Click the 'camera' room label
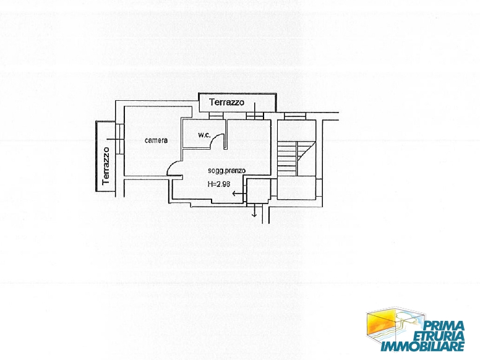pyautogui.click(x=156, y=140)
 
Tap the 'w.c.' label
pyautogui.click(x=204, y=135)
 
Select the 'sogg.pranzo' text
pyautogui.click(x=226, y=171)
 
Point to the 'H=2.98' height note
pyautogui.click(x=218, y=184)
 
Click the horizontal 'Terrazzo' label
pyautogui.click(x=226, y=102)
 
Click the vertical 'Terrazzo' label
pyautogui.click(x=106, y=166)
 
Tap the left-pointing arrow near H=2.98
pyautogui.click(x=238, y=194)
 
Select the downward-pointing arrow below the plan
pyautogui.click(x=254, y=211)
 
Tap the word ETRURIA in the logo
pyautogui.click(x=439, y=336)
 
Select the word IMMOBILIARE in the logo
pyautogui.click(x=422, y=346)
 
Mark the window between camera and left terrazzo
pyautogui.click(x=120, y=139)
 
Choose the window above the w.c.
pyautogui.click(x=215, y=116)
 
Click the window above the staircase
pyautogui.click(x=295, y=116)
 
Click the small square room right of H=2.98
pyautogui.click(x=259, y=191)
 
